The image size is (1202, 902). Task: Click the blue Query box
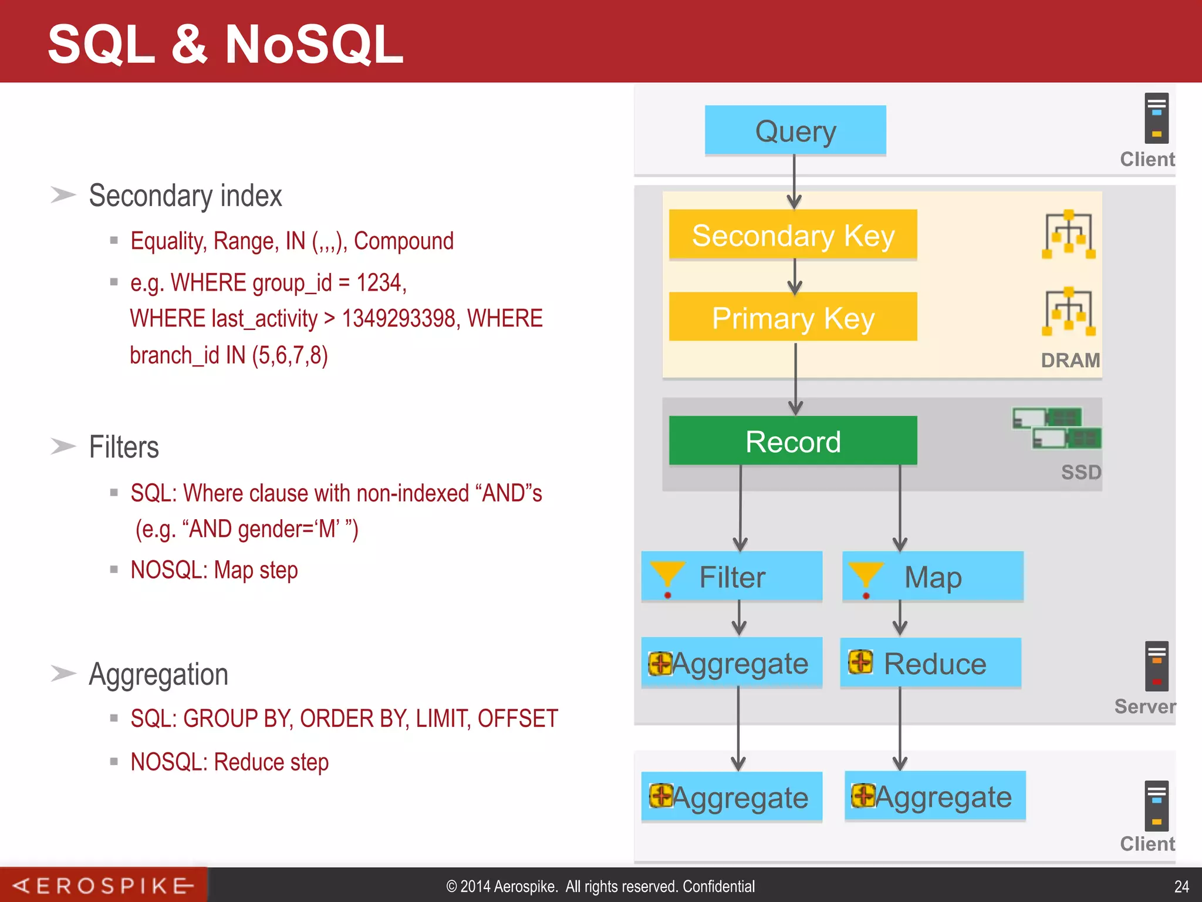pos(795,130)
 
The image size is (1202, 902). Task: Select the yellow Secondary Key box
pos(792,235)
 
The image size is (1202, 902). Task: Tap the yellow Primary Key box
pos(792,317)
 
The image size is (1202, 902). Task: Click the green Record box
pos(792,441)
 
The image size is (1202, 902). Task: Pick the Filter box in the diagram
pos(731,576)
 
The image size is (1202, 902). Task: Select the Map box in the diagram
pos(933,576)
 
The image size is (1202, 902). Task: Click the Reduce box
pos(930,663)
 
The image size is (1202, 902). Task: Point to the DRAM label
pos(1070,360)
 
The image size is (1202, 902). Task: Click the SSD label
pos(1081,472)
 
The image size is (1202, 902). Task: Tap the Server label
pos(1144,706)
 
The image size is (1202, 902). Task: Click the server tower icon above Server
pos(1156,666)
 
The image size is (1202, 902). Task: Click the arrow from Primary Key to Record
pos(795,378)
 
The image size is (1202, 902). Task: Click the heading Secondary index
pos(185,196)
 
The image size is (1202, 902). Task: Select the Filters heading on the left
pos(123,447)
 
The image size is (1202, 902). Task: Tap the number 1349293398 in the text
pos(399,318)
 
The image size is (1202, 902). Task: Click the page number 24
pos(1181,886)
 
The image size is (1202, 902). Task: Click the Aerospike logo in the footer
pos(103,885)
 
